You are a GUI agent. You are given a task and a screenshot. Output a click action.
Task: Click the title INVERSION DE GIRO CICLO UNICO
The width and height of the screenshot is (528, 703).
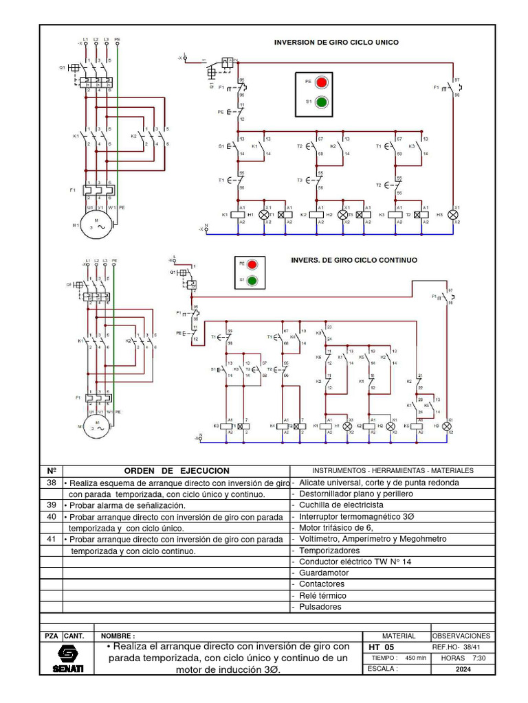(336, 42)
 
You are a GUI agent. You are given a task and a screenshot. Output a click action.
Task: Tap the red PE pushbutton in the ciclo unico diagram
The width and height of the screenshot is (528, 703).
(321, 81)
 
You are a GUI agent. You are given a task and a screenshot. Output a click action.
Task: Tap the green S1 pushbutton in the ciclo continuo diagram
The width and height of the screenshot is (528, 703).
(253, 280)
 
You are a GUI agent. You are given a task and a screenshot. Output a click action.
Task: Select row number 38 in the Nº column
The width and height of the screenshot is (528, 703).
(51, 483)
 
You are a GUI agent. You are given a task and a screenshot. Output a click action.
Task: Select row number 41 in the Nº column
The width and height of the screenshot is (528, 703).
(51, 540)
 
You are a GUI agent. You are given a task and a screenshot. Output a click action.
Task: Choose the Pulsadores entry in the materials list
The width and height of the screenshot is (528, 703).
(320, 607)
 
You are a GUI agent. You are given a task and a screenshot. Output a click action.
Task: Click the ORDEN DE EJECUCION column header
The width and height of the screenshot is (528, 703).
(177, 471)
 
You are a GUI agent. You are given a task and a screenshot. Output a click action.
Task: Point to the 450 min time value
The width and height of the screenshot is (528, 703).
(416, 658)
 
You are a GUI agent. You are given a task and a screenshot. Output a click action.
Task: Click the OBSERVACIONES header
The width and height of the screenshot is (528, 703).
(462, 636)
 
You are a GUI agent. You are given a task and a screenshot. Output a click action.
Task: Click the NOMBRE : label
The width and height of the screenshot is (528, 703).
(118, 636)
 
